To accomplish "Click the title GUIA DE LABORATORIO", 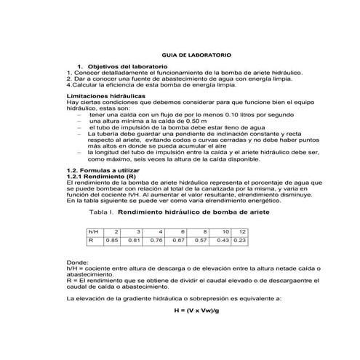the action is pos(180,55).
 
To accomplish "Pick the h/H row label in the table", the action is pos(92,231).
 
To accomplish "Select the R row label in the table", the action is pos(90,239).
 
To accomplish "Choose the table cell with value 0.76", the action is pos(156,239).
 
